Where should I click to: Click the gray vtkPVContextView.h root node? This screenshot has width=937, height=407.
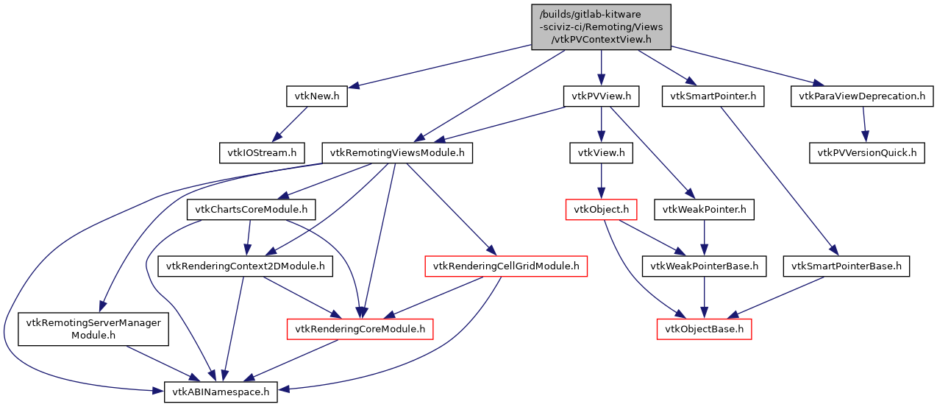pyautogui.click(x=601, y=27)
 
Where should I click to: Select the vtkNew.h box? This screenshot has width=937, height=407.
pyautogui.click(x=316, y=96)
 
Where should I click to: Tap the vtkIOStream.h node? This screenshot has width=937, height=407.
pyautogui.click(x=262, y=153)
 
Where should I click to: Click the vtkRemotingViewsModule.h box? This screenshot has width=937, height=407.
pyautogui.click(x=397, y=153)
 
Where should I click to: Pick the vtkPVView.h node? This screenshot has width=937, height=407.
pyautogui.click(x=601, y=96)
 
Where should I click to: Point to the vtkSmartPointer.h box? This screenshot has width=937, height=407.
pyautogui.click(x=713, y=96)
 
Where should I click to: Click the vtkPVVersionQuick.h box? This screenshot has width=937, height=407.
pyautogui.click(x=867, y=153)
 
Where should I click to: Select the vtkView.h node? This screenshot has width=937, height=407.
pyautogui.click(x=601, y=153)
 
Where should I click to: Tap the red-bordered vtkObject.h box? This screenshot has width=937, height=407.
pyautogui.click(x=600, y=210)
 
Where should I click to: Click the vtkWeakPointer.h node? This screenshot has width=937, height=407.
pyautogui.click(x=705, y=210)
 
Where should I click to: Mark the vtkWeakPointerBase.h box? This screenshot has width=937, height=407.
pyautogui.click(x=705, y=266)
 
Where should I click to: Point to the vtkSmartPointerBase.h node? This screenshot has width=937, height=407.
pyautogui.click(x=847, y=266)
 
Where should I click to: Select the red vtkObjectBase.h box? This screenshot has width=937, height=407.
pyautogui.click(x=705, y=329)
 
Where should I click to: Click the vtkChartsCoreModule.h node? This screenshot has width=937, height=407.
pyautogui.click(x=252, y=210)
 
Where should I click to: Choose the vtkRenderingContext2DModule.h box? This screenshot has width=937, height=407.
pyautogui.click(x=246, y=266)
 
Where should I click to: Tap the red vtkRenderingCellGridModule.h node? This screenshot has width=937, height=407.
pyautogui.click(x=506, y=266)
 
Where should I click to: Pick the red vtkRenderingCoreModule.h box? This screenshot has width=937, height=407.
pyautogui.click(x=360, y=329)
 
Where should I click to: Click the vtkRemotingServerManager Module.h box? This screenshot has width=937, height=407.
pyautogui.click(x=93, y=329)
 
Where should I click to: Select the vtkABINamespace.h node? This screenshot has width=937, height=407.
pyautogui.click(x=221, y=392)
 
